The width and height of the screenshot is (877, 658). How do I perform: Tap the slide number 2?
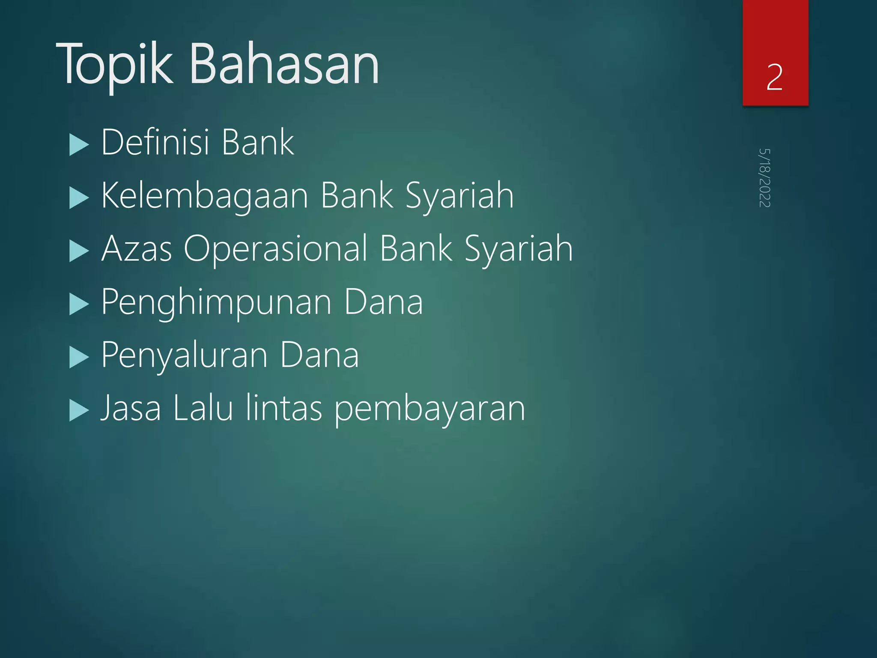tap(775, 77)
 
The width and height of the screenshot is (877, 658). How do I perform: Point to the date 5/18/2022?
tap(764, 178)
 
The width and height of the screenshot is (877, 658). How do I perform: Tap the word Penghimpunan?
tap(216, 302)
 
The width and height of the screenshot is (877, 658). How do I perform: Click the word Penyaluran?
tap(184, 356)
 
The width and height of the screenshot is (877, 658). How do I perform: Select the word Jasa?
tap(131, 408)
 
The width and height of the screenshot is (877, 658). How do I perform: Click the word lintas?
tap(284, 408)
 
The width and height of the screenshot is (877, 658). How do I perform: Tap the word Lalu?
tap(203, 408)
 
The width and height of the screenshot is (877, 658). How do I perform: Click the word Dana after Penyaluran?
tap(319, 356)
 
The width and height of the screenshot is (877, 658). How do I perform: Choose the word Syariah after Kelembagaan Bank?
tap(459, 196)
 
